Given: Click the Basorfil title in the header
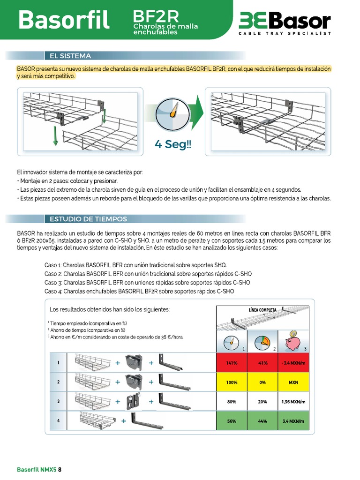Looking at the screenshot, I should click(64, 20).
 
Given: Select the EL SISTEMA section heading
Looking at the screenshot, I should click(70, 56).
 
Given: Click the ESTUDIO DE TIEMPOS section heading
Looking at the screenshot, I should click(88, 219).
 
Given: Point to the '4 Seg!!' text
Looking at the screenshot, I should click(173, 144).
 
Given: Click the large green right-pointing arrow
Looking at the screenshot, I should click(198, 114).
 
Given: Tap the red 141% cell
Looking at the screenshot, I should click(232, 363).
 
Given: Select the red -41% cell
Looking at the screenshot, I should click(262, 363).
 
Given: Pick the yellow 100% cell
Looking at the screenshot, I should click(232, 382).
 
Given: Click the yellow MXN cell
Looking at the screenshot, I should click(293, 382).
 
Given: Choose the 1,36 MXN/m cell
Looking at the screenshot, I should click(293, 402).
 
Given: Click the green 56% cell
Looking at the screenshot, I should click(232, 421).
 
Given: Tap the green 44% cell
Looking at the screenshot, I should click(262, 421).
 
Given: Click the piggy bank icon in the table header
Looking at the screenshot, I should click(293, 342).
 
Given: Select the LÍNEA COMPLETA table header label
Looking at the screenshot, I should click(262, 310).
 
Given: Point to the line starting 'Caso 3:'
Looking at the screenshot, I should click(147, 283).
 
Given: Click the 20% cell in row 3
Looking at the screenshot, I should click(262, 402).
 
